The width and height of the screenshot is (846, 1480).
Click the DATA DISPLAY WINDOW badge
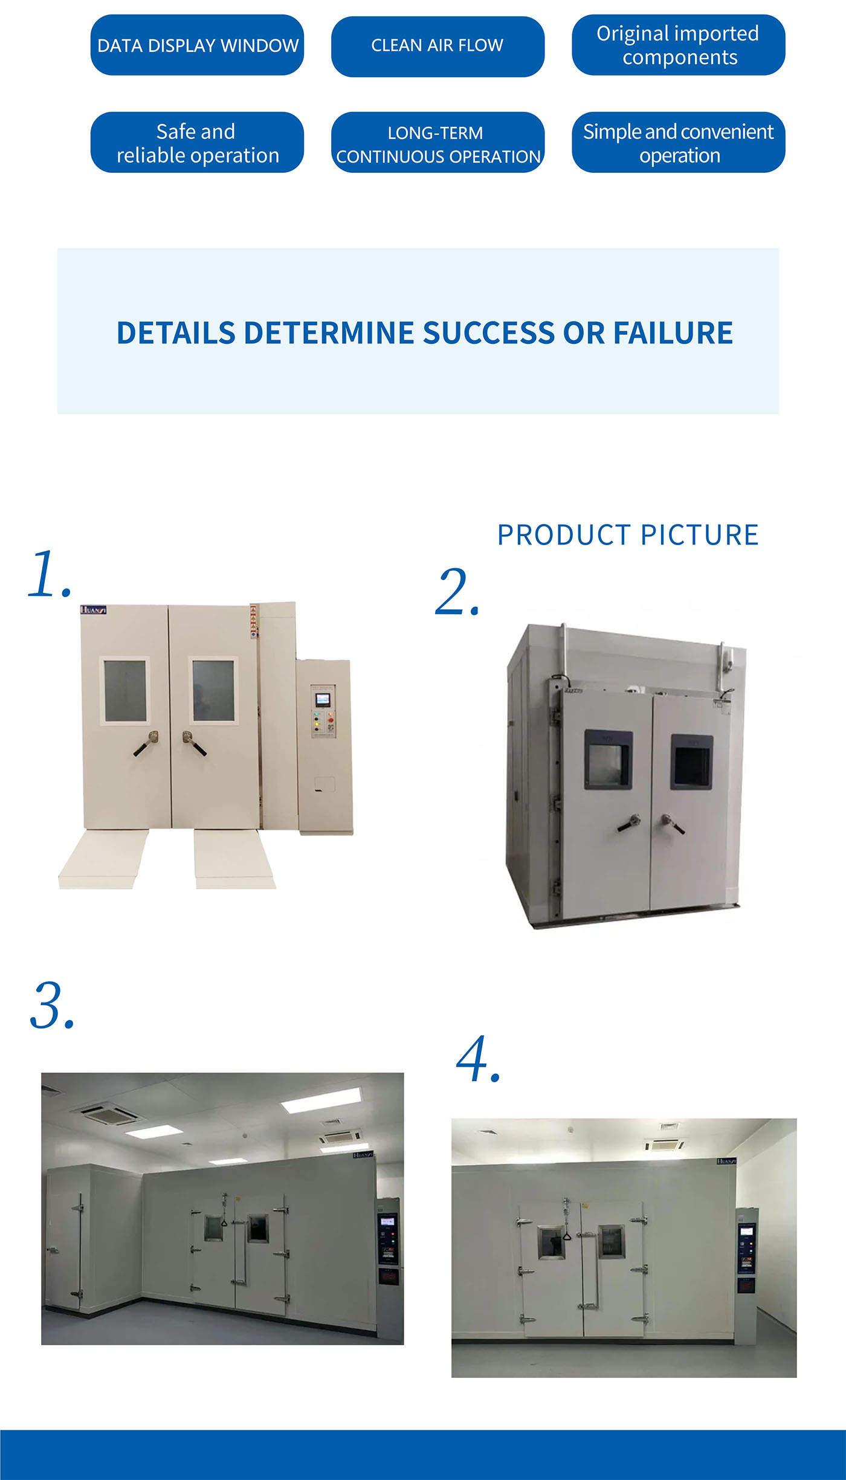[x=197, y=45]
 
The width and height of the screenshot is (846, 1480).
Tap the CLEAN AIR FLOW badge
[x=438, y=46]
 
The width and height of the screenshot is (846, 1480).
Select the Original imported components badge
[x=678, y=45]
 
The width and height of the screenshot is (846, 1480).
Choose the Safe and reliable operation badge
[x=197, y=143]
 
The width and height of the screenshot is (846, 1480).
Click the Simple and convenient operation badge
[x=678, y=143]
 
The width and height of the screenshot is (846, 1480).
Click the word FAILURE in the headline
[x=673, y=333]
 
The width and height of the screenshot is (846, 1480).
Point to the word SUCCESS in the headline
[x=488, y=333]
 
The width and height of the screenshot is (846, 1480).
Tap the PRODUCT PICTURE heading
[x=628, y=535]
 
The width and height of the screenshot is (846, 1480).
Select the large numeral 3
[x=51, y=1005]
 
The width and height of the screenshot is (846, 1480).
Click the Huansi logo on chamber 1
[x=94, y=610]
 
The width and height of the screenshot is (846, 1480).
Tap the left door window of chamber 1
[x=125, y=690]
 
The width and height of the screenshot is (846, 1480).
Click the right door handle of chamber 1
[x=193, y=743]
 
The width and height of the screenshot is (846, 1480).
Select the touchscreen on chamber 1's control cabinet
[x=323, y=699]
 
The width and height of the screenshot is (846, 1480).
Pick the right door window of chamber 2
[x=692, y=763]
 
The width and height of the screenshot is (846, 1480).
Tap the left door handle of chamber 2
[x=629, y=823]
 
